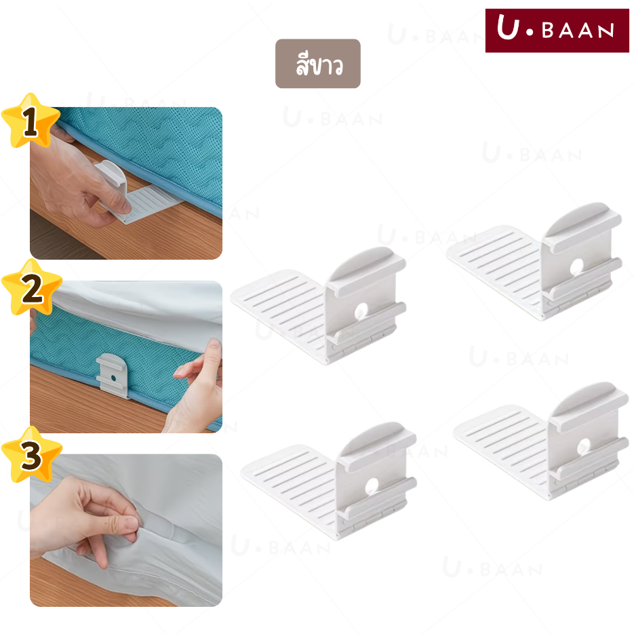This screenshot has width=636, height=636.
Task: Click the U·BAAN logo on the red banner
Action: coord(557,31)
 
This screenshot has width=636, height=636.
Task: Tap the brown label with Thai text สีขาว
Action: coord(317,64)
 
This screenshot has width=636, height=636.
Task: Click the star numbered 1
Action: coord(31,121)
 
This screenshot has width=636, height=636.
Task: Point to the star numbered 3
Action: coord(32,455)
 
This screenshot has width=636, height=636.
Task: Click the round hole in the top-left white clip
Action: coord(361,311)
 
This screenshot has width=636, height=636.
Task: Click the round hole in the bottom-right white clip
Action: coord(584,446)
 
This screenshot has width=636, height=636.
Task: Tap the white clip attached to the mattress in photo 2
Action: coord(113,376)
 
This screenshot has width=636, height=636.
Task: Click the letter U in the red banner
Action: coord(508,27)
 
